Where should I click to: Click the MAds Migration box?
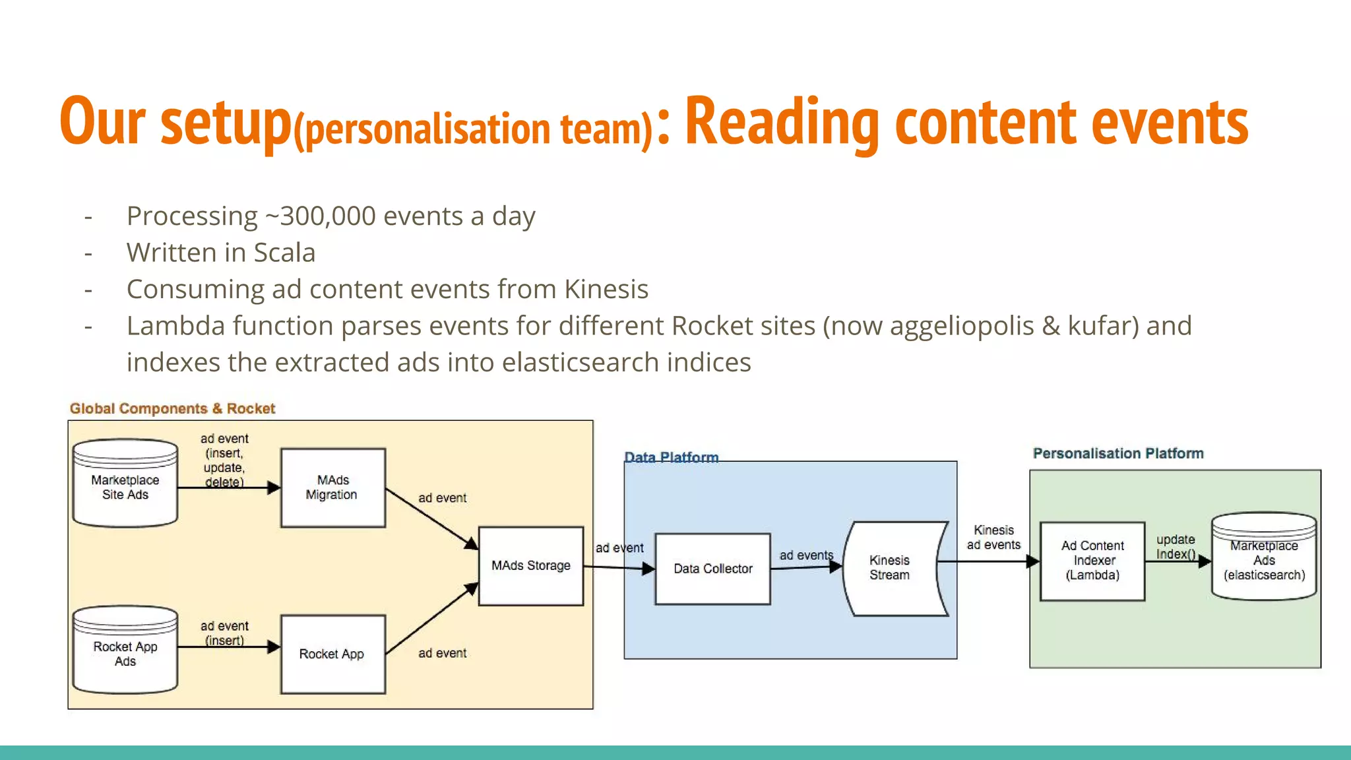tap(332, 488)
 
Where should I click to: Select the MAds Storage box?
tap(530, 565)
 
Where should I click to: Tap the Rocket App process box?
tap(332, 654)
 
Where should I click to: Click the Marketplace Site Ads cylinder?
tap(125, 487)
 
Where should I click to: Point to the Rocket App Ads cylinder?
tap(125, 653)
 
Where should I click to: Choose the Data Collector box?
tap(712, 569)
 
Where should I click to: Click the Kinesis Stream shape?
tap(891, 567)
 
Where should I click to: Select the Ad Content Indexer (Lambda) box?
tap(1092, 561)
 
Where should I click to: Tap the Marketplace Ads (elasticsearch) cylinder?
tap(1264, 559)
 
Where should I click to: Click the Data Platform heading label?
tap(671, 457)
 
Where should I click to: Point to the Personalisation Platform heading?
tap(1117, 453)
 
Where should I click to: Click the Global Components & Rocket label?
tap(172, 408)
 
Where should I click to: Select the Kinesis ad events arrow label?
tap(993, 537)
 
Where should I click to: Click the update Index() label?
tap(1176, 546)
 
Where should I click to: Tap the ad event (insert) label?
tap(224, 632)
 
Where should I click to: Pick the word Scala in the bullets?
tap(284, 253)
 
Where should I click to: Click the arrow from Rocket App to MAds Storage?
tap(432, 618)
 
